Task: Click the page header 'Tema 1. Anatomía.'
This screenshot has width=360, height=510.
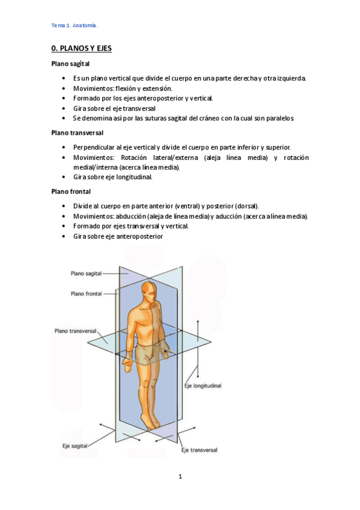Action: pos(74,25)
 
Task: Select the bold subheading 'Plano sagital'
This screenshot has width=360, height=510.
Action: pos(71,64)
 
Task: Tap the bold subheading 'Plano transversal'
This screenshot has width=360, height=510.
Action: pos(77,132)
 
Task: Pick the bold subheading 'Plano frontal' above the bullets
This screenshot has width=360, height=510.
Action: pos(71,191)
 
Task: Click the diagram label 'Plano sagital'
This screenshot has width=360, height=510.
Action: pos(86,272)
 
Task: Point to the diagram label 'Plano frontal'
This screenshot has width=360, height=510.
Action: pos(86,293)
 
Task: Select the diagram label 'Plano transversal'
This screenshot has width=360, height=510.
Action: pos(75,330)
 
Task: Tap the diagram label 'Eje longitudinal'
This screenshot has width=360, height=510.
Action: pos(203,385)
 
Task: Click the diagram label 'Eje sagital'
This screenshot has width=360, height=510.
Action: pos(75,446)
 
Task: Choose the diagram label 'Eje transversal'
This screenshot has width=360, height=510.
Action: pos(199,450)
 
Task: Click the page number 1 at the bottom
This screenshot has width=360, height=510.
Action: pos(180,476)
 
